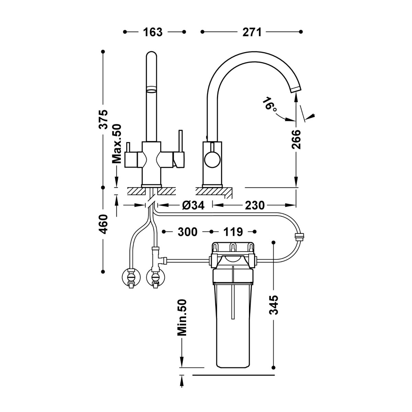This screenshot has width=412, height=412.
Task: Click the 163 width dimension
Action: [153, 32]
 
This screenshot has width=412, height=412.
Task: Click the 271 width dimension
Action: [252, 32]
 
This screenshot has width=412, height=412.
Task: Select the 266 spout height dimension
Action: [296, 139]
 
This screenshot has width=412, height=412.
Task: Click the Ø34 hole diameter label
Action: [193, 205]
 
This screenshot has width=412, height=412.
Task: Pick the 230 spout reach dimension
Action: [255, 205]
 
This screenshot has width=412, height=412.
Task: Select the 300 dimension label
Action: [187, 232]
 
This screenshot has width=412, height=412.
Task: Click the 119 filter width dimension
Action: [233, 232]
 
